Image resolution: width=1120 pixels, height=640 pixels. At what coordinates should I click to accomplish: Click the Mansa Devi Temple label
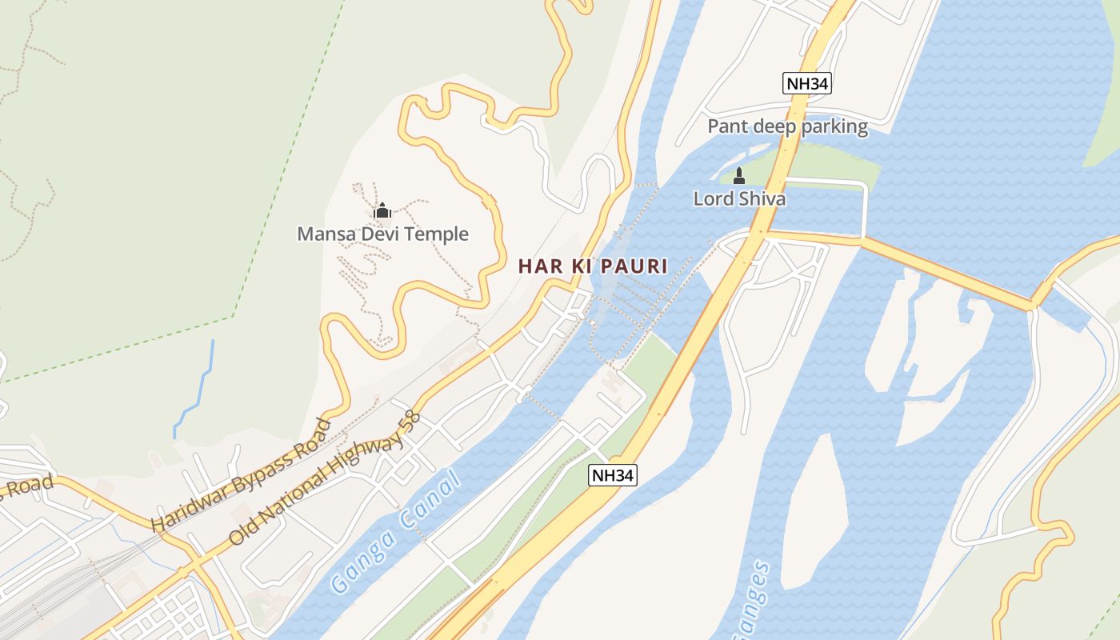[x=382, y=234]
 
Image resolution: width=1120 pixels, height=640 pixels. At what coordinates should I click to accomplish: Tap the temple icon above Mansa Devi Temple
[x=382, y=211]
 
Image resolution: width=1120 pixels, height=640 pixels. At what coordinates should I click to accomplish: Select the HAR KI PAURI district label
[x=592, y=266]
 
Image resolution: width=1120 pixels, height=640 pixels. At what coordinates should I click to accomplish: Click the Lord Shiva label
[x=739, y=198]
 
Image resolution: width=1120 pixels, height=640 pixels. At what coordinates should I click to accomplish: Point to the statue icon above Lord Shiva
[x=739, y=176]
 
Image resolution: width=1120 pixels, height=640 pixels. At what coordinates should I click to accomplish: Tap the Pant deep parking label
[x=787, y=126]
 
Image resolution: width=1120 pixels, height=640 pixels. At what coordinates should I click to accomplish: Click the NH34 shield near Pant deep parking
[x=806, y=83]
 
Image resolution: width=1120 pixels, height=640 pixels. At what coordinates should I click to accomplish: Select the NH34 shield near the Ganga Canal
[x=613, y=475]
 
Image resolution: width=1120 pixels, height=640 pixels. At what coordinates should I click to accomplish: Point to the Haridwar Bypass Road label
[x=241, y=474]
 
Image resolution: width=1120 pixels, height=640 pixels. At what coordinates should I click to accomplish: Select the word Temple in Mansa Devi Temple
[x=437, y=234]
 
